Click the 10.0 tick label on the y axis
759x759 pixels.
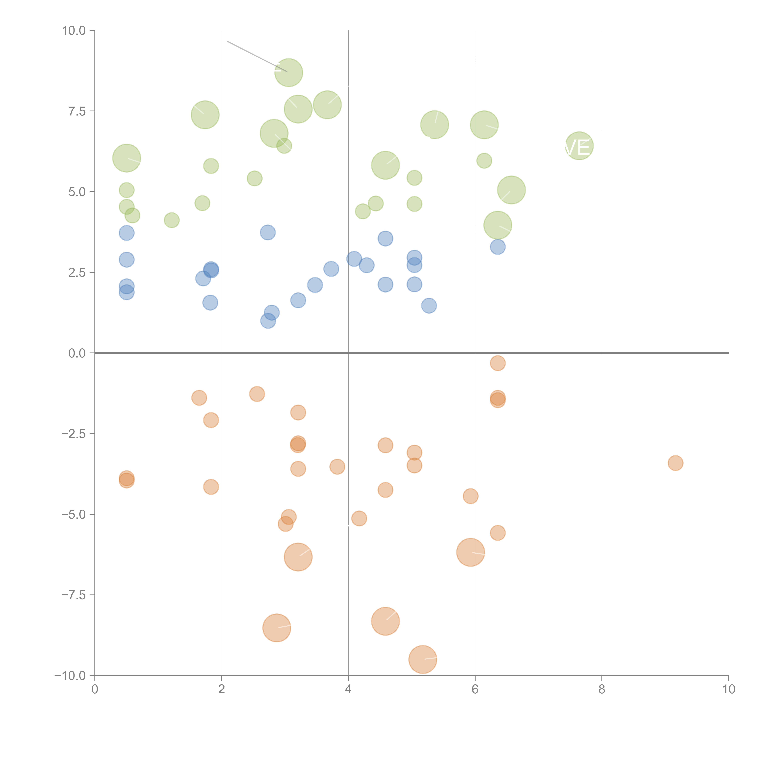pyautogui.click(x=73, y=31)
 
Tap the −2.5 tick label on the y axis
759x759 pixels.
pyautogui.click(x=73, y=434)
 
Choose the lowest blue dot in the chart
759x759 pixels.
pyautogui.click(x=268, y=321)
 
